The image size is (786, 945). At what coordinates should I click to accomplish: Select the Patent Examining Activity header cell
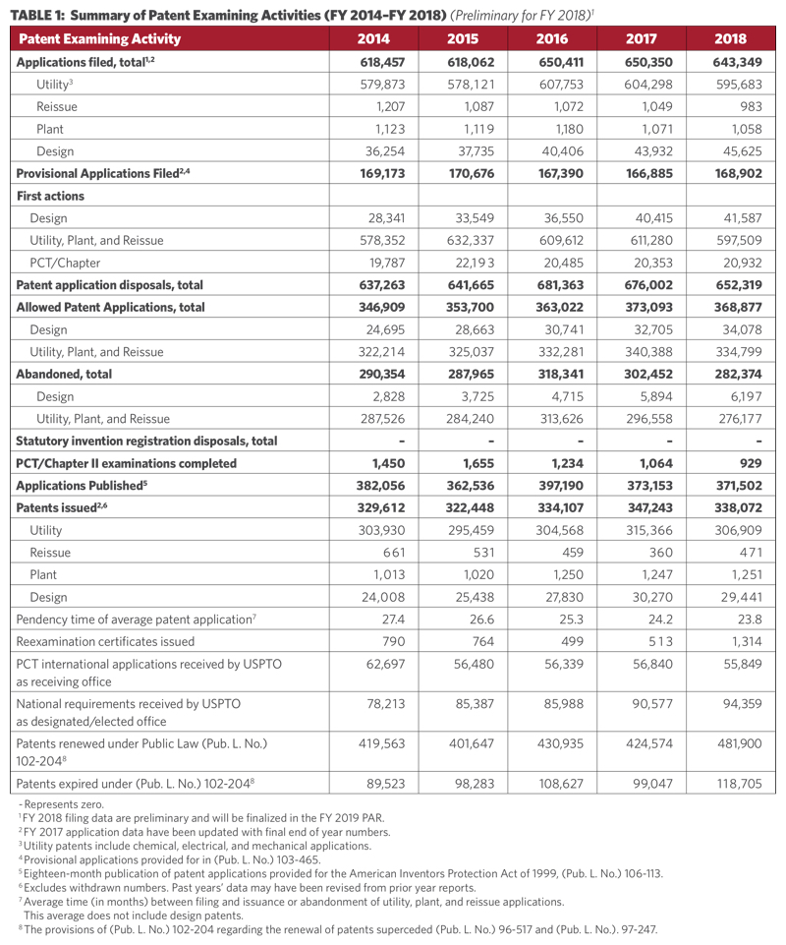[99, 39]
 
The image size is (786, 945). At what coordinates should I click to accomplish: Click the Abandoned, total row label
[64, 374]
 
